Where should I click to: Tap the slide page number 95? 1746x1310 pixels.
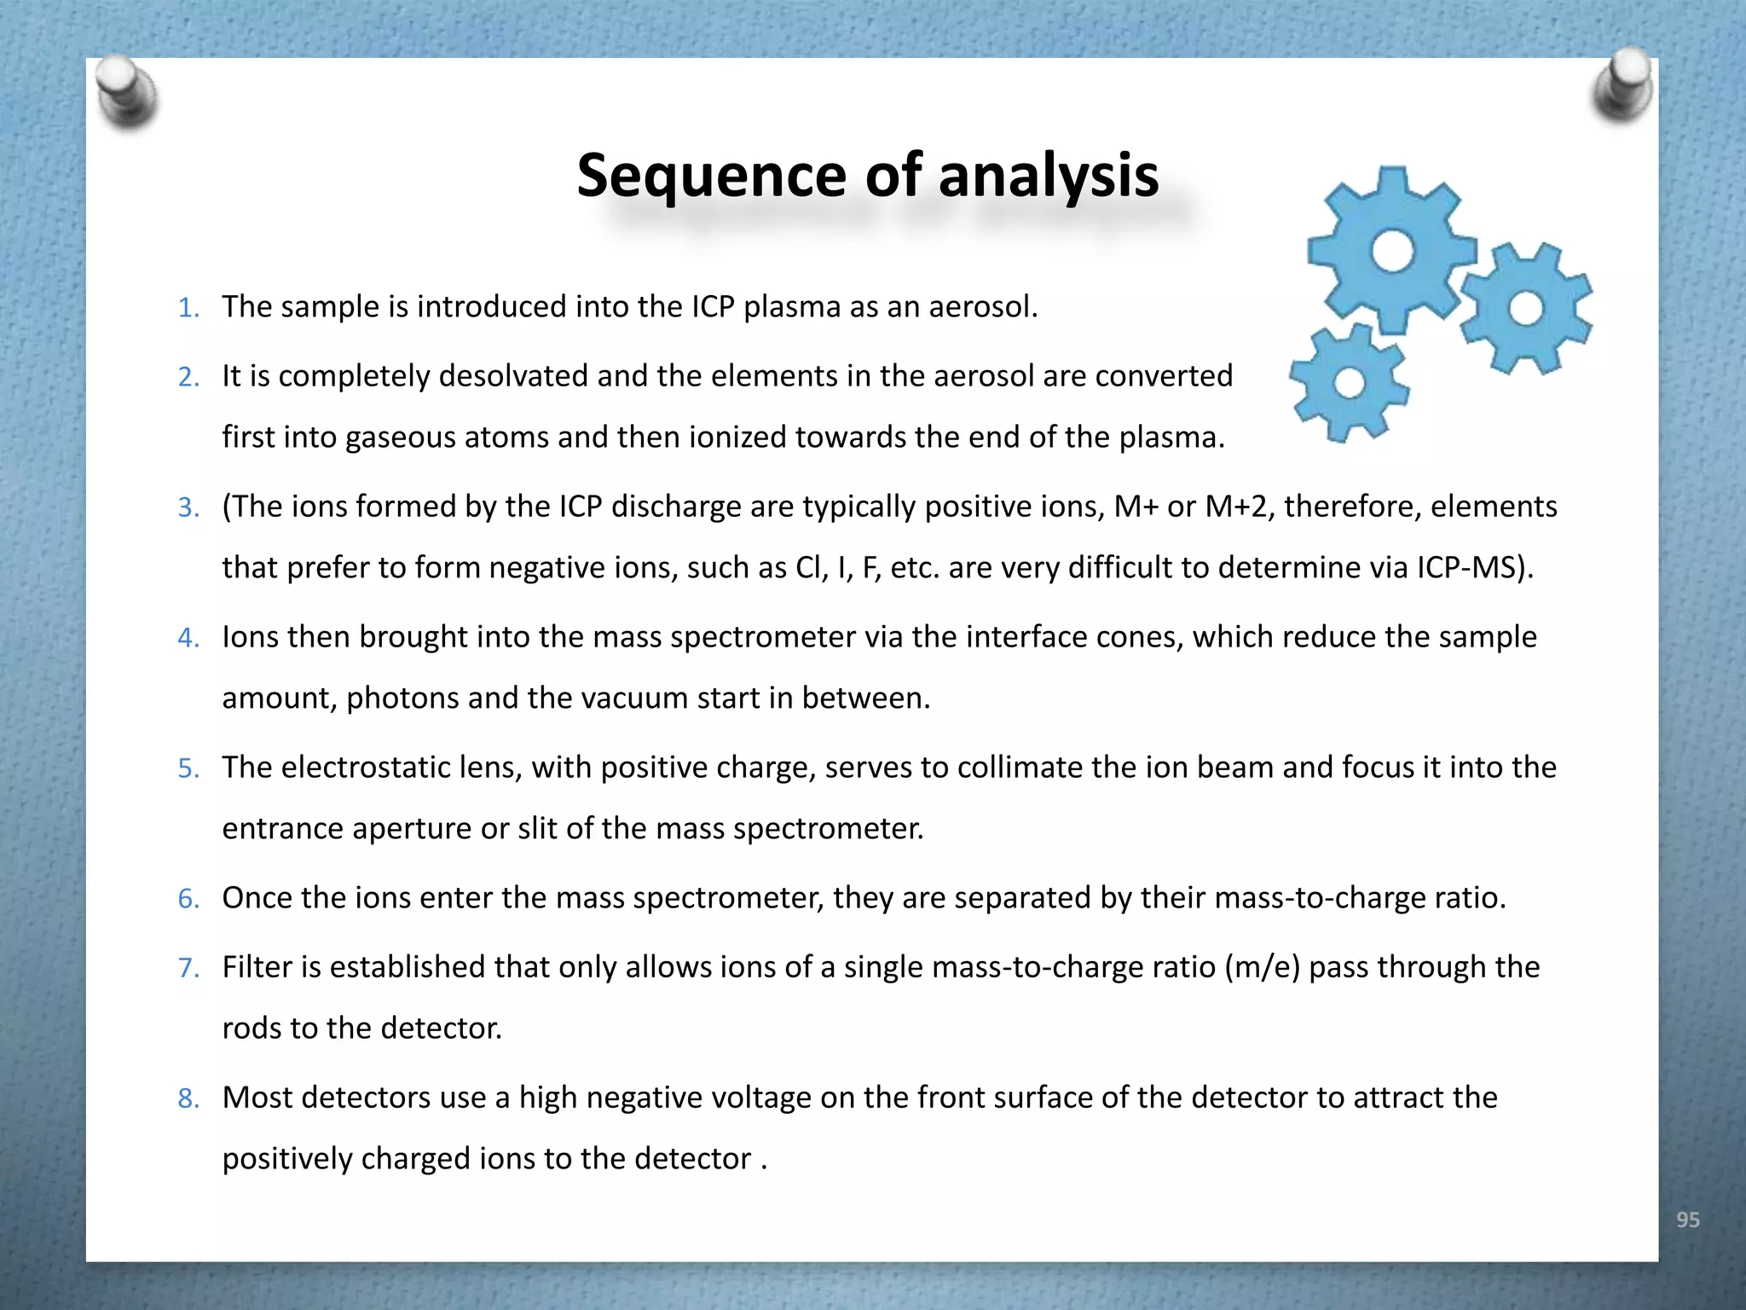pos(1687,1220)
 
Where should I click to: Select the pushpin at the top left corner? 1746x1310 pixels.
pos(126,92)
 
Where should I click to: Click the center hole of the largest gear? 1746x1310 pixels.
pos(1392,252)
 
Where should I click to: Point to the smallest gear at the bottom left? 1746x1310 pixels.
pos(1349,383)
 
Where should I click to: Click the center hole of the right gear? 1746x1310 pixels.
pos(1526,308)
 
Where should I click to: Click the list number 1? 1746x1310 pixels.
pos(188,308)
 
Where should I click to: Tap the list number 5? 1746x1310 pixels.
pos(188,768)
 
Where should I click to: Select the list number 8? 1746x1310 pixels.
pos(188,1098)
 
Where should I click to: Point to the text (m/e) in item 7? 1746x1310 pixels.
pos(1262,967)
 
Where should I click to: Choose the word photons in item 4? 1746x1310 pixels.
pos(402,698)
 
